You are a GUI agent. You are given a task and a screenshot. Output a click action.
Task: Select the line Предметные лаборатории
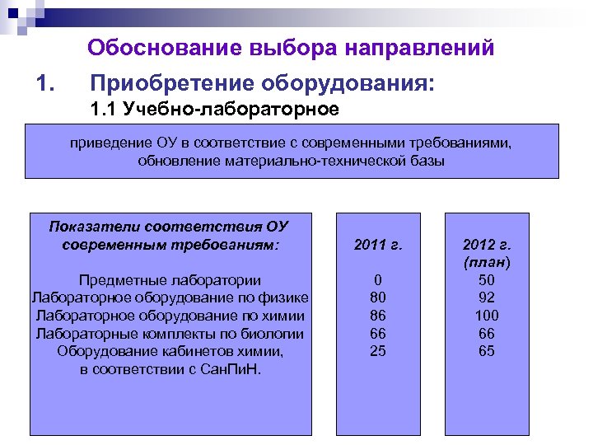tap(169, 279)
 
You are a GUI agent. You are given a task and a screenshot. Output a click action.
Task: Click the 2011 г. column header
tap(377, 244)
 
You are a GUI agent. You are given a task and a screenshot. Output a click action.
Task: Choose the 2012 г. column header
tap(487, 245)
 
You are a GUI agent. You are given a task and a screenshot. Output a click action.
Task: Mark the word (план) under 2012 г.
tap(487, 262)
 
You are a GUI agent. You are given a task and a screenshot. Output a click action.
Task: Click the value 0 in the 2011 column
tap(378, 280)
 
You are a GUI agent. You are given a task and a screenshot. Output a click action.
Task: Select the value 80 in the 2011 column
tap(378, 297)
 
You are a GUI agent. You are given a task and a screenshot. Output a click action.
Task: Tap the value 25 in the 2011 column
tap(378, 351)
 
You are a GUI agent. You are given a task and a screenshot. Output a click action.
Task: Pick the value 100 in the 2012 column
tap(487, 316)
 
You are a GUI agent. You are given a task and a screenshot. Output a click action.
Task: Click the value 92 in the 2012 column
tap(487, 297)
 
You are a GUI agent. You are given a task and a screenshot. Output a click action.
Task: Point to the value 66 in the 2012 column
tap(487, 334)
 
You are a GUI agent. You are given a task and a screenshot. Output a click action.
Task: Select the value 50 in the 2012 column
tap(487, 280)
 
